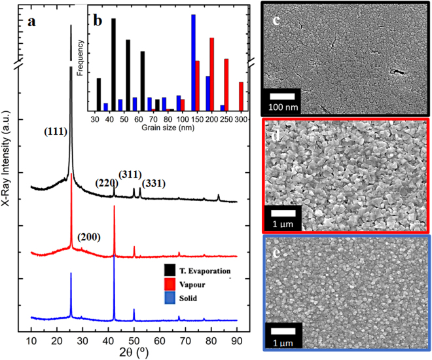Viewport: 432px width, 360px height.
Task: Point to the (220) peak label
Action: coord(107,183)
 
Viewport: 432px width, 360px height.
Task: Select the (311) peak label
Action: coord(130,174)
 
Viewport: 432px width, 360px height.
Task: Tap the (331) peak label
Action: coord(154,183)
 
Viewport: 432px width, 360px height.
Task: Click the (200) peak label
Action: coord(88,237)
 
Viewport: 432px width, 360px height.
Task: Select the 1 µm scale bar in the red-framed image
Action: coord(282,217)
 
